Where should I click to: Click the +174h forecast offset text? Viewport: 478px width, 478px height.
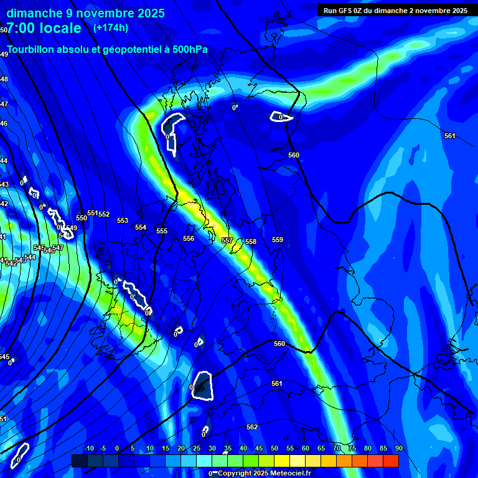111,28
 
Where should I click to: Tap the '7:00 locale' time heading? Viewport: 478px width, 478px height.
44,28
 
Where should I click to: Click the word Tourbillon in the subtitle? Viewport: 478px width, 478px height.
31,50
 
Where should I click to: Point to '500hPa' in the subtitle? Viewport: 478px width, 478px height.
190,50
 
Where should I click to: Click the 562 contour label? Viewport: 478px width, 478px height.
252,428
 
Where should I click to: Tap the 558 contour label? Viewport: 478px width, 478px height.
251,242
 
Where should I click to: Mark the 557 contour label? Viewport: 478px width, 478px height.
227,240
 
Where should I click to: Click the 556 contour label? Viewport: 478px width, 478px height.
189,239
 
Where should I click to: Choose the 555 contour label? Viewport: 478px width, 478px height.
162,232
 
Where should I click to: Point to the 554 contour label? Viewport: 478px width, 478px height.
141,228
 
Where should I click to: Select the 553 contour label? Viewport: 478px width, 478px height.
123,221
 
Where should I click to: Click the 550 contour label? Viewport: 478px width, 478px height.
82,218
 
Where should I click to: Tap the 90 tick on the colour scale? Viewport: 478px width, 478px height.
398,449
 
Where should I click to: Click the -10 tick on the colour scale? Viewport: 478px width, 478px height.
88,449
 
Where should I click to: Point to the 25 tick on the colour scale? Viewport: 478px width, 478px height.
197,449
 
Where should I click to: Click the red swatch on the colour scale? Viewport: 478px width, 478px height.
391,461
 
